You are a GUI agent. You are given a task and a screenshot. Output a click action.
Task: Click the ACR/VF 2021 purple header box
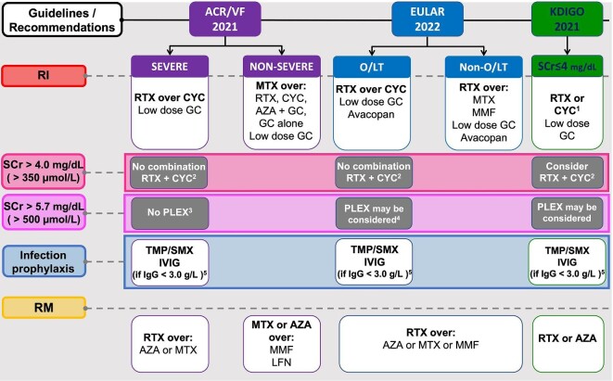point(224,19)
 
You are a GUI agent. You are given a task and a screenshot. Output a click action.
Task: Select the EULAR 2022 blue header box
point(428,19)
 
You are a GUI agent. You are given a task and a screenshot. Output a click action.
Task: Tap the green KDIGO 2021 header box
point(567,19)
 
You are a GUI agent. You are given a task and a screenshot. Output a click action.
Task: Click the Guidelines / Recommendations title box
point(62,19)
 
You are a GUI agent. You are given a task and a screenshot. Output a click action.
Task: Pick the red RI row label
point(44,75)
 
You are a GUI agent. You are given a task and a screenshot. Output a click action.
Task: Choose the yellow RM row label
point(44,308)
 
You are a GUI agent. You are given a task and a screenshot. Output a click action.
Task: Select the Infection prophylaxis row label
point(44,261)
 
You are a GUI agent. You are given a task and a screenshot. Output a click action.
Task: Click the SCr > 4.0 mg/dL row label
point(44,171)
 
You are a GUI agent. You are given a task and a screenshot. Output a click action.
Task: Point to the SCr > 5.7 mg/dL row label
point(44,212)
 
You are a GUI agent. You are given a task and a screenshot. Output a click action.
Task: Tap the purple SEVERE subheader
point(170,67)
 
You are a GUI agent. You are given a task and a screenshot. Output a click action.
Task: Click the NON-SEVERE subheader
point(282,67)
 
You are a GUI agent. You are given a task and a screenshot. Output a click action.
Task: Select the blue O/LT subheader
point(372,67)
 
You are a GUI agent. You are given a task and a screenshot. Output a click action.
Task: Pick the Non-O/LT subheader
point(483,67)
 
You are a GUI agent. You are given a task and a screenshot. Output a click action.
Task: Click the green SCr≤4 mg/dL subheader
point(567,67)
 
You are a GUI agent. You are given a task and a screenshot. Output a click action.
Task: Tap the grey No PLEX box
point(170,213)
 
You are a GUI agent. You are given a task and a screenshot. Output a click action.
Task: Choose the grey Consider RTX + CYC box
point(567,172)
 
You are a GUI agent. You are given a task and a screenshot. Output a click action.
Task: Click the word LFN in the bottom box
point(282,362)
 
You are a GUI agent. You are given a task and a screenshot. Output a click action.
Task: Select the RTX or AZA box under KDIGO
point(568,344)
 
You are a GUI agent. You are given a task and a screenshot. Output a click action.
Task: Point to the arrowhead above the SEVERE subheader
point(170,52)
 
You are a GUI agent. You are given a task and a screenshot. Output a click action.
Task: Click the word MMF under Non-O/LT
point(483,112)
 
